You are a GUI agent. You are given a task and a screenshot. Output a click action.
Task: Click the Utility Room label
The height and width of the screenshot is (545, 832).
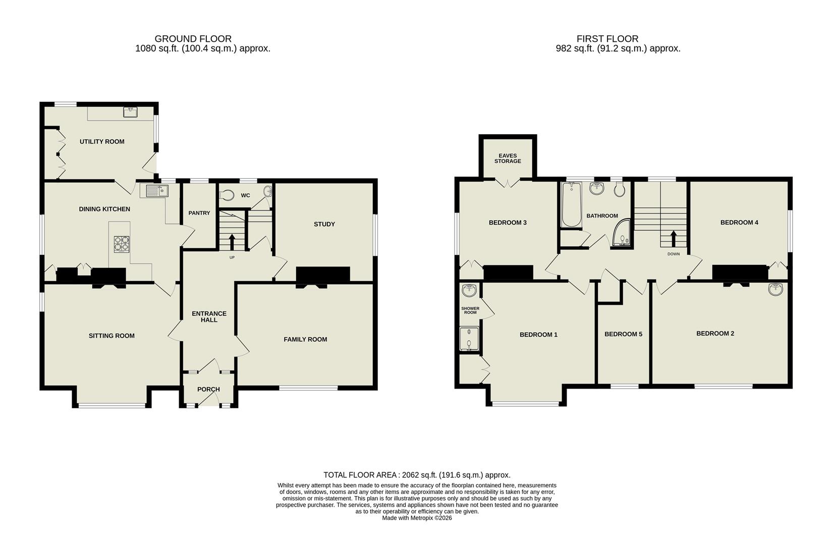point(102,142)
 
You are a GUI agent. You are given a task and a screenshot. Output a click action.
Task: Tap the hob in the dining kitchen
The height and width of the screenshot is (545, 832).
point(122,244)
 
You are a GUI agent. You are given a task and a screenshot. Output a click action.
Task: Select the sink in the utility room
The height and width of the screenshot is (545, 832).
point(131,112)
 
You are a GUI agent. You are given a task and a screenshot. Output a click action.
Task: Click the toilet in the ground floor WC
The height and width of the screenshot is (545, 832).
point(227,195)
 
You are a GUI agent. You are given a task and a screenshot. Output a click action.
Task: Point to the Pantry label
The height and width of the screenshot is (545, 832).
point(199,213)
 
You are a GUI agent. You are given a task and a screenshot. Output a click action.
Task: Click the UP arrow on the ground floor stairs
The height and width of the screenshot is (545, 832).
point(232,241)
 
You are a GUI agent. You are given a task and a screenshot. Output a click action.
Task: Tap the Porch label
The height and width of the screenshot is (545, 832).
point(208,389)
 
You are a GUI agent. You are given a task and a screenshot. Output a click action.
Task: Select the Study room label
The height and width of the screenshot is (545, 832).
point(324,224)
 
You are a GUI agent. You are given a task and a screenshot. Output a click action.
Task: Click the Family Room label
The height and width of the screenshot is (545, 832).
point(305,339)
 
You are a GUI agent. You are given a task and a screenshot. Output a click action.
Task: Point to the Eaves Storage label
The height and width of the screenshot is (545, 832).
point(508,158)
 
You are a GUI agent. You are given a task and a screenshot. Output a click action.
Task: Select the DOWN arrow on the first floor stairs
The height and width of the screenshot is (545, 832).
point(673,239)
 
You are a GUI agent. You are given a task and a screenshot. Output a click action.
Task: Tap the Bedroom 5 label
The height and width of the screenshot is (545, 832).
point(623,334)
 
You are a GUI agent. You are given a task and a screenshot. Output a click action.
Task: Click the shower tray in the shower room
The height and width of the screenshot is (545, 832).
point(469,338)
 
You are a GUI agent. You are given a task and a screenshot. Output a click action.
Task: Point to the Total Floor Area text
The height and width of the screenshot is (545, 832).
point(417,475)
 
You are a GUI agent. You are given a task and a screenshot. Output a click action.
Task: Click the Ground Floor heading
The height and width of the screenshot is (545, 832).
point(193,39)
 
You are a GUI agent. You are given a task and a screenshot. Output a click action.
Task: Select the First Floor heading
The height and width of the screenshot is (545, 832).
point(607,39)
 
